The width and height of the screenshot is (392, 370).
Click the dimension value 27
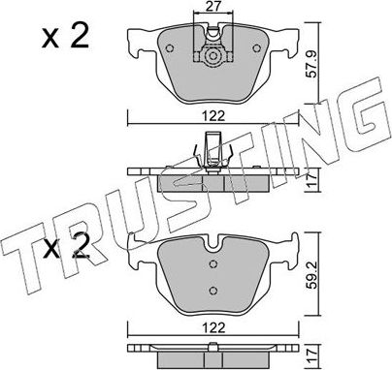(213, 9)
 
